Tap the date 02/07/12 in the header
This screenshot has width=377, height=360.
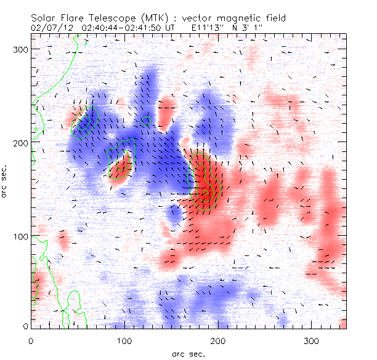pyautogui.click(x=49, y=28)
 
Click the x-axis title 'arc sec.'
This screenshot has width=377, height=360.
pyautogui.click(x=188, y=354)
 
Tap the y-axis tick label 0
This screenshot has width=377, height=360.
pyautogui.click(x=25, y=326)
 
